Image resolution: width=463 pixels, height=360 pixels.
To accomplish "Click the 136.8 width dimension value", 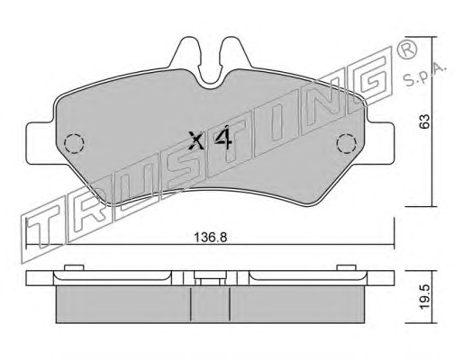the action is click(x=210, y=238).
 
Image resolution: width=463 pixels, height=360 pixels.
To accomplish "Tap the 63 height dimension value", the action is click(x=424, y=121).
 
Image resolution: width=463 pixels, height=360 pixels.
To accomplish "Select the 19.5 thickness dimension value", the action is click(x=424, y=297).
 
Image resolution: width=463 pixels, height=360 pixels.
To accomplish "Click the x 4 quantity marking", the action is click(x=210, y=139).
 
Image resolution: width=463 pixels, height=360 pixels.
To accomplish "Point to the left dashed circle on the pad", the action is click(x=74, y=144).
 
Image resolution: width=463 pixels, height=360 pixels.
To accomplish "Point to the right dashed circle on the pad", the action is click(x=346, y=144).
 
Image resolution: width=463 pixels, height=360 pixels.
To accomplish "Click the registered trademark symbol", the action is click(x=407, y=48).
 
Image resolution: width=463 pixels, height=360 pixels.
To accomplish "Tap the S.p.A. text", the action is click(x=424, y=75).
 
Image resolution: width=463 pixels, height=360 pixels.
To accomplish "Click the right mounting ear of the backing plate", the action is click(x=380, y=143).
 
